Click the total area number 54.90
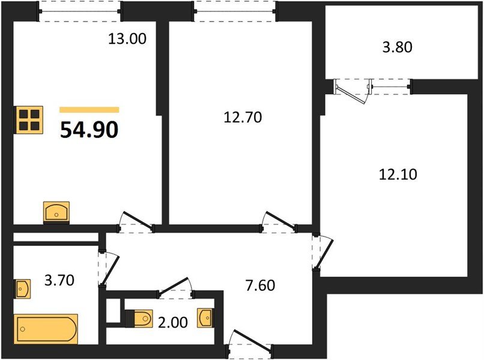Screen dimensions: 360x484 [x=89, y=128]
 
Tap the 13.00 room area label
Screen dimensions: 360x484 [x=127, y=40]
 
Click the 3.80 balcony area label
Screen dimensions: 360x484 [x=397, y=47]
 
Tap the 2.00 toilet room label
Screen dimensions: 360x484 [x=173, y=322]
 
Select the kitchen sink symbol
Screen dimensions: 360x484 [x=57, y=212]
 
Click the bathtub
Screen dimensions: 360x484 [x=46, y=328]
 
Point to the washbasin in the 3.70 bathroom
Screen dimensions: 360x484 [x=22, y=289]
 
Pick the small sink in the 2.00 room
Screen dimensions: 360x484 [x=205, y=318]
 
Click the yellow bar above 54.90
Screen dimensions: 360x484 [x=89, y=110]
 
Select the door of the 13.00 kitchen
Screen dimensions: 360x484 [x=136, y=221]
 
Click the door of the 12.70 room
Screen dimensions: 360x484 [x=279, y=221]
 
